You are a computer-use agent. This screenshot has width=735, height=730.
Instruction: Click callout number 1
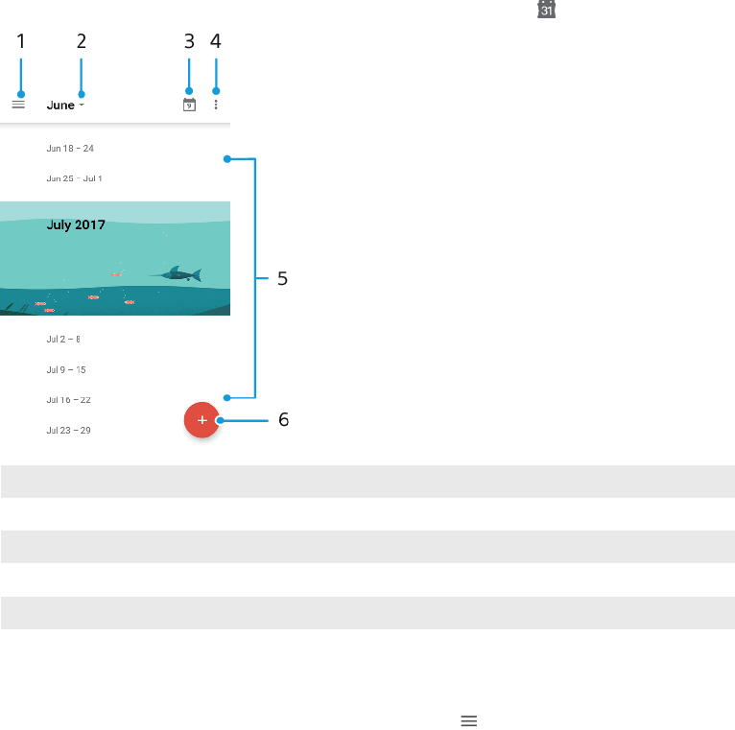[20, 41]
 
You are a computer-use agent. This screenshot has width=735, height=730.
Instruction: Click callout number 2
[82, 41]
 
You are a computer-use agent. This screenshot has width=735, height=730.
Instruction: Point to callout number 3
[189, 41]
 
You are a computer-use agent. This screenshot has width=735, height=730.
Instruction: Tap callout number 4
[216, 41]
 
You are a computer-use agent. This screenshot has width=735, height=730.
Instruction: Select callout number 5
[282, 279]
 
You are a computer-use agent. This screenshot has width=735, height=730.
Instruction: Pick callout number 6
[283, 420]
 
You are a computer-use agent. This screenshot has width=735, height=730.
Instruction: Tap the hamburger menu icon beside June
[18, 105]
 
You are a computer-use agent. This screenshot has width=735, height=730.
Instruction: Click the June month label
[59, 106]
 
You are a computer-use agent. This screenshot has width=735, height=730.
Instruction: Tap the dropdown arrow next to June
[82, 105]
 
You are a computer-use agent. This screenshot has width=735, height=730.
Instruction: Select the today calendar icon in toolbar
[189, 105]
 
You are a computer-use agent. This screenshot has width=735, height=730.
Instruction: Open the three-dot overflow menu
[216, 105]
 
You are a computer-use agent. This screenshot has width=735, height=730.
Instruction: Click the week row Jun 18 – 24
[70, 149]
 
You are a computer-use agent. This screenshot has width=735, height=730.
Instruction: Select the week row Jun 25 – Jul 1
[74, 178]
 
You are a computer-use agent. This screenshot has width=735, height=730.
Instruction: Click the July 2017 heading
[76, 225]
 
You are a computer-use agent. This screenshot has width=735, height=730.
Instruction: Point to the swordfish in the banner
[177, 275]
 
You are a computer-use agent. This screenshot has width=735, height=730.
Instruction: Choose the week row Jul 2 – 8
[63, 340]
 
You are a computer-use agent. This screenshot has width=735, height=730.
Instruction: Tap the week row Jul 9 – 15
[66, 369]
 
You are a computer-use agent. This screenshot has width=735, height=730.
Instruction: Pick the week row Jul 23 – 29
[68, 431]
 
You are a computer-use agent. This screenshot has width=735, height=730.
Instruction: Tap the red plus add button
[202, 420]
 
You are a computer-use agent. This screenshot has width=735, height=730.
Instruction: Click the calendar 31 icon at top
[546, 9]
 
